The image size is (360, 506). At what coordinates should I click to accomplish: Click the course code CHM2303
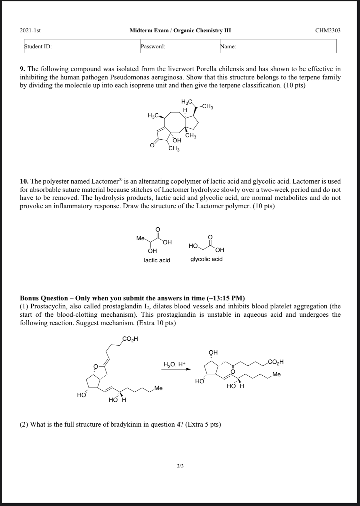[328, 30]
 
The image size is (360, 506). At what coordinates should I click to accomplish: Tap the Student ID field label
[38, 46]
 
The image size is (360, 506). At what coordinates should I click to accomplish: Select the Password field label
[153, 46]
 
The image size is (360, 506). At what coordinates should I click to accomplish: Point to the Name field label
[228, 46]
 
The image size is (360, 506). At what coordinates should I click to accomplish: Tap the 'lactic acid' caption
[157, 260]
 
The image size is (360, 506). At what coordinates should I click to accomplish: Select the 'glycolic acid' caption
[206, 259]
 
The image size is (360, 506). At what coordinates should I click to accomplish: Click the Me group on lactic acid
[140, 238]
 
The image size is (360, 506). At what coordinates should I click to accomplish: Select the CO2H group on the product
[276, 362]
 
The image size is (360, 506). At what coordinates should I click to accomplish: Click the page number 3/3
[180, 466]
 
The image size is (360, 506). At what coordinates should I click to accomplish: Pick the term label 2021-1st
[30, 30]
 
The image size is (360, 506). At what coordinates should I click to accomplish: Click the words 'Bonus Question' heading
[44, 298]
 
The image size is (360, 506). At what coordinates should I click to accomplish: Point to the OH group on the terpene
[177, 140]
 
